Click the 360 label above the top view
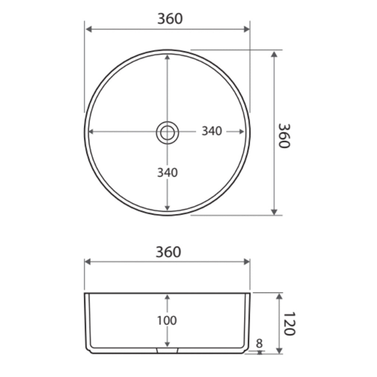(170, 18)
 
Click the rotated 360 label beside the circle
(284, 135)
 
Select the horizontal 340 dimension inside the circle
(212, 131)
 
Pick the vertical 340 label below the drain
(168, 172)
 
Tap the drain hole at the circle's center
(167, 132)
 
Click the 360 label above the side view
(168, 252)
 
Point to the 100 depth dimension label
(167, 320)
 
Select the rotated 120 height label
(290, 324)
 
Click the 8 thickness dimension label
(259, 344)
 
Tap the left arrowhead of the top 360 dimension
(88, 30)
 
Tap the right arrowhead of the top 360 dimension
(247, 30)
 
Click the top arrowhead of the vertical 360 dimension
(274, 54)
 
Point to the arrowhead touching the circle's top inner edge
(167, 57)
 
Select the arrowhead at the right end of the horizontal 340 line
(242, 131)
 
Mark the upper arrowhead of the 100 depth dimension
(168, 297)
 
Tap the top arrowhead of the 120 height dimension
(279, 296)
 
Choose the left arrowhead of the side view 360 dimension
(88, 262)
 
